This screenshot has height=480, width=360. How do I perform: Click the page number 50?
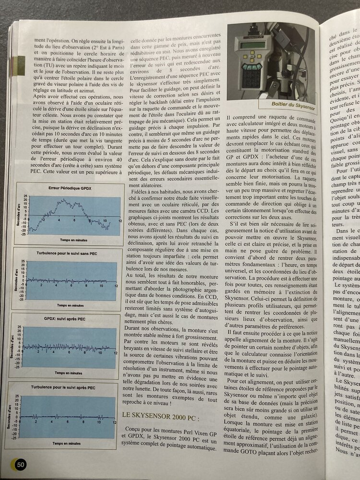click(20, 464)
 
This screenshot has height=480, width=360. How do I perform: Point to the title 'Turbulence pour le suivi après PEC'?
click(64, 386)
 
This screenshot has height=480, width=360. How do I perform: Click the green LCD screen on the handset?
click(253, 45)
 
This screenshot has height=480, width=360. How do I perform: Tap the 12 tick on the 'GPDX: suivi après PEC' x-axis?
click(114, 353)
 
